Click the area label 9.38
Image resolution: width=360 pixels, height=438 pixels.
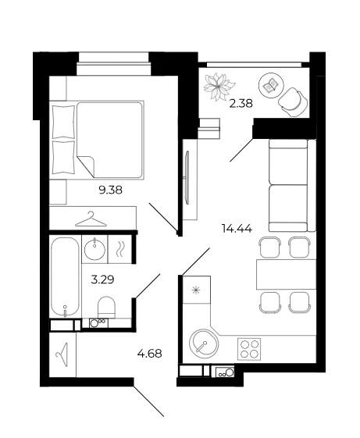pyautogui.click(x=111, y=191)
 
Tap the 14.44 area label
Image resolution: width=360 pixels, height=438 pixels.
pyautogui.click(x=237, y=229)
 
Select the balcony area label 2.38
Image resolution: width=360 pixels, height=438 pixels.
pyautogui.click(x=241, y=104)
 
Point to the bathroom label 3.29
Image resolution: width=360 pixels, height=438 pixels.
pyautogui.click(x=102, y=279)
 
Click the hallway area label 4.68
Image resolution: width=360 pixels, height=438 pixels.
pyautogui.click(x=149, y=354)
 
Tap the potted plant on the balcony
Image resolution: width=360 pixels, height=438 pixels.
pyautogui.click(x=219, y=87)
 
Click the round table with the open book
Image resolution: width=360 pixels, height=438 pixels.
pyautogui.click(x=271, y=85)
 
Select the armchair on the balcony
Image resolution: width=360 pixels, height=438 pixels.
pyautogui.click(x=293, y=102)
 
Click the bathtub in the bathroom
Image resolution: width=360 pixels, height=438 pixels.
pyautogui.click(x=65, y=276)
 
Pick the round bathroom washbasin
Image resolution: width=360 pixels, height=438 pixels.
pyautogui.click(x=94, y=248)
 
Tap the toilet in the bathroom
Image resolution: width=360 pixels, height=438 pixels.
pyautogui.click(x=106, y=307)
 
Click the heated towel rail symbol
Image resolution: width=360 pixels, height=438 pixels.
pyautogui.click(x=119, y=249)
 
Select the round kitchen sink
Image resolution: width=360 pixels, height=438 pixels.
pyautogui.click(x=204, y=343)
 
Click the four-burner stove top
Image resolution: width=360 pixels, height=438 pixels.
pyautogui.click(x=249, y=349)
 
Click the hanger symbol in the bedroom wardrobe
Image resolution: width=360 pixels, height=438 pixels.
pyautogui.click(x=91, y=219)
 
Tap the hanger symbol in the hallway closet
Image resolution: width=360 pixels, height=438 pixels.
pyautogui.click(x=62, y=354)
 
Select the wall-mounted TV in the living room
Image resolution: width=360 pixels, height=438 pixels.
pyautogui.click(x=187, y=178)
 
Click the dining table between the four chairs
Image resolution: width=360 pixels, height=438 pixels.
pyautogui.click(x=286, y=274)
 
